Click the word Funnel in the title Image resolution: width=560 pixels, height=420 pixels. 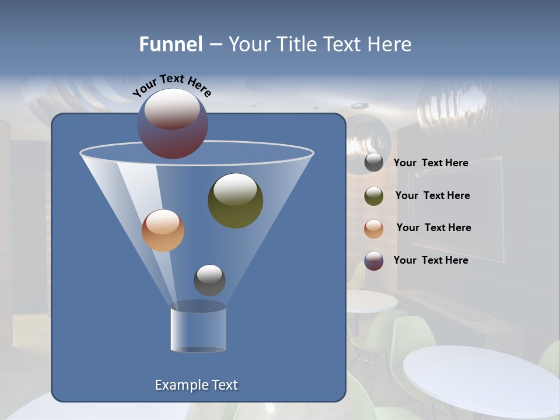click(170, 44)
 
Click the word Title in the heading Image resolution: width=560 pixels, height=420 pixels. click(296, 44)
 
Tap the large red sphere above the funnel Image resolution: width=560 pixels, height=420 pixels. click(172, 124)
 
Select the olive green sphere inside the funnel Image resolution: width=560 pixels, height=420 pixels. click(235, 201)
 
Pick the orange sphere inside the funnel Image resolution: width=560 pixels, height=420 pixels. click(163, 230)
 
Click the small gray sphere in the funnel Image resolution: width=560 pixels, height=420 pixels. click(209, 280)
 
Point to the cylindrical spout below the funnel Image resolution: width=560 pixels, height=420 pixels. click(198, 330)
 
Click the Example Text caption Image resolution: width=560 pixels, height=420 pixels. click(196, 385)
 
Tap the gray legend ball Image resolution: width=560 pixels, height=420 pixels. click(374, 163)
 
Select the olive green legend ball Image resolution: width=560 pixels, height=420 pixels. click(374, 196)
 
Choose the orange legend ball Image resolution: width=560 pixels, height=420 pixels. click(374, 228)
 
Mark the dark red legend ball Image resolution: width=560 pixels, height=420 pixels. click(374, 261)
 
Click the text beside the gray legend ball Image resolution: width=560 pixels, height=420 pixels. click(430, 163)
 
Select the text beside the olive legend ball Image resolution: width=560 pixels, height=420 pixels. click(432, 195)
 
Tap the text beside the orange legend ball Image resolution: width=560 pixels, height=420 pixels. click(433, 228)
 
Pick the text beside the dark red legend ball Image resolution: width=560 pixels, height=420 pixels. click(430, 260)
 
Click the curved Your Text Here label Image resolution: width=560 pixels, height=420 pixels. click(171, 85)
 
